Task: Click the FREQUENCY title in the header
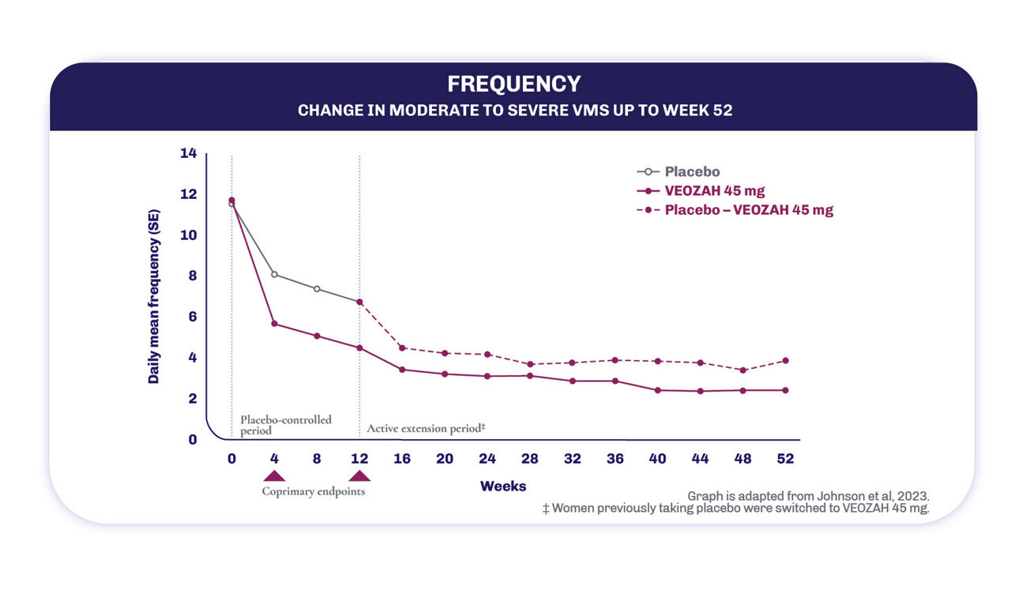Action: [513, 84]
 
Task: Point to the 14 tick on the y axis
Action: [188, 153]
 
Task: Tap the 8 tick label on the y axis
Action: [191, 276]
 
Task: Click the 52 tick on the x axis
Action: [785, 459]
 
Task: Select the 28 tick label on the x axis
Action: [529, 459]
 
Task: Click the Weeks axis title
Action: [503, 486]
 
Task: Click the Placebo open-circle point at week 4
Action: [274, 274]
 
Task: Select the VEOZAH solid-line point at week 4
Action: [274, 324]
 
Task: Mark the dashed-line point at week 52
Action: [785, 361]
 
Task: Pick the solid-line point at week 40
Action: [657, 390]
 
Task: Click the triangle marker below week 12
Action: [359, 475]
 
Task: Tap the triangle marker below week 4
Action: [274, 475]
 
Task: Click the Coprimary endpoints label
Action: [314, 491]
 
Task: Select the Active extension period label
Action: [426, 428]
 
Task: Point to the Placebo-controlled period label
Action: [285, 425]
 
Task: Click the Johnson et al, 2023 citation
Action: [808, 496]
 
